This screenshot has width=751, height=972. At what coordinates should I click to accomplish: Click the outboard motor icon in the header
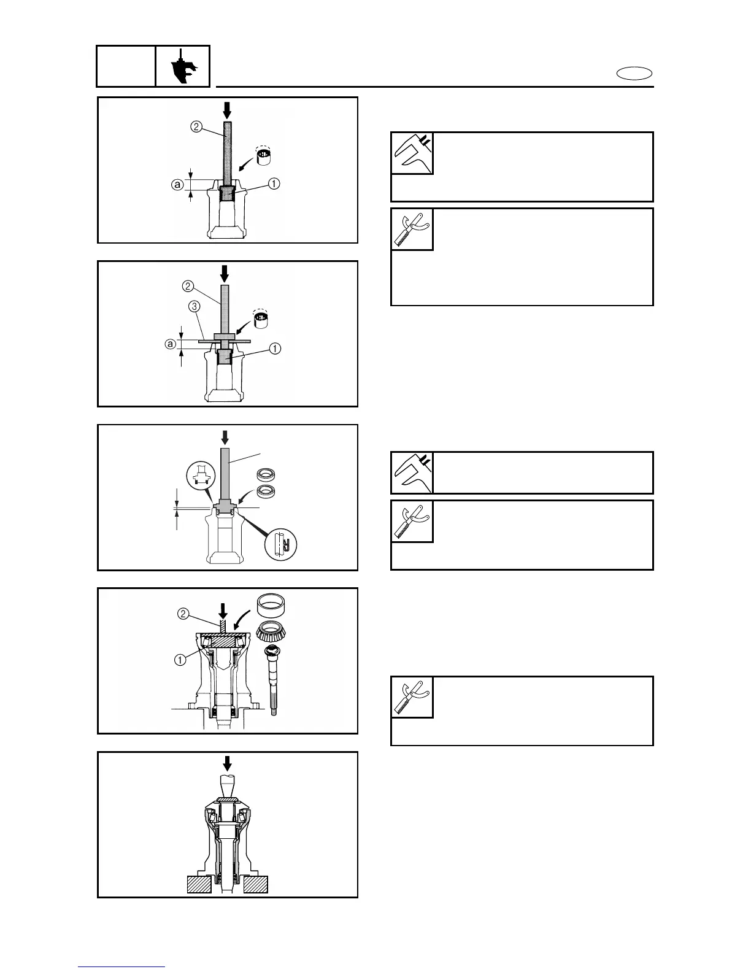[182, 66]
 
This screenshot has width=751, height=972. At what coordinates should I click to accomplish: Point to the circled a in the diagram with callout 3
[170, 345]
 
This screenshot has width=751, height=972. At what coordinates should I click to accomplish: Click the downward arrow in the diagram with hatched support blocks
[228, 764]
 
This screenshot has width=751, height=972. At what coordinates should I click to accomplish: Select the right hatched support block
[255, 884]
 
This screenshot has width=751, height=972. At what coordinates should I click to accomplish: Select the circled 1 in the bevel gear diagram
[180, 660]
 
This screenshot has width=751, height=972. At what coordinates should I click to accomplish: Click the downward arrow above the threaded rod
[223, 609]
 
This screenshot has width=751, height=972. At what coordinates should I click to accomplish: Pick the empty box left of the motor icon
[126, 66]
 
